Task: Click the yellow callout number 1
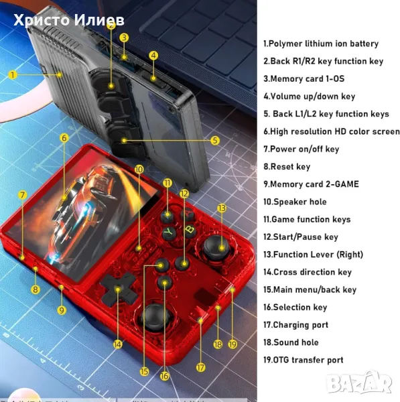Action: pyautogui.click(x=12, y=75)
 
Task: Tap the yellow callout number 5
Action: pyautogui.click(x=215, y=140)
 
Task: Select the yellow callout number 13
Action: pyautogui.click(x=222, y=208)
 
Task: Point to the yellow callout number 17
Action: pyautogui.click(x=200, y=367)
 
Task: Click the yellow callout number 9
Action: pyautogui.click(x=62, y=310)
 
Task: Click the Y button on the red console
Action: pyautogui.click(x=169, y=232)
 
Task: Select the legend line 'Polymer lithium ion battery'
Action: pyautogui.click(x=320, y=44)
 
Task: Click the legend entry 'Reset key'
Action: pyautogui.click(x=287, y=167)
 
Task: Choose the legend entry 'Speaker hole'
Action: pyautogui.click(x=295, y=202)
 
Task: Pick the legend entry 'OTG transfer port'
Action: pyautogui.click(x=303, y=360)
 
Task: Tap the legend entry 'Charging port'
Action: pyautogui.click(x=295, y=325)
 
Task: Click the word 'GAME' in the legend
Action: pyautogui.click(x=346, y=184)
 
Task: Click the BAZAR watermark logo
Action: pyautogui.click(x=360, y=383)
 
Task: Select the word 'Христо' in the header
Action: pyautogui.click(x=42, y=20)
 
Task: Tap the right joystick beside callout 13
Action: pyautogui.click(x=216, y=247)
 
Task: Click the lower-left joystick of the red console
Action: pyautogui.click(x=155, y=317)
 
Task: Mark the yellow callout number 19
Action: pyautogui.click(x=232, y=344)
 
